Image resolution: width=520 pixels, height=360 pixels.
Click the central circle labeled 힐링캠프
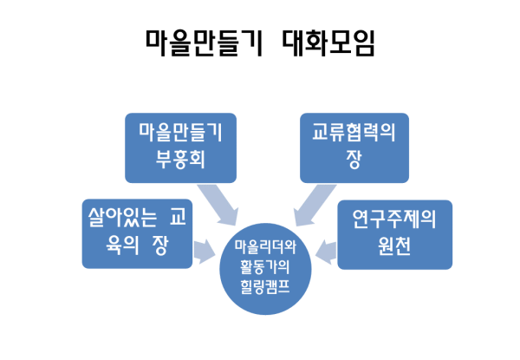pyautogui.click(x=262, y=269)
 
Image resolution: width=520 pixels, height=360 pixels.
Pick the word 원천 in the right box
pyautogui.click(x=394, y=247)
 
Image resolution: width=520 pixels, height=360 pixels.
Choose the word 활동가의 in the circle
pyautogui.click(x=262, y=270)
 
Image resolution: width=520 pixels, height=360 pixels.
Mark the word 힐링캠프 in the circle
pyautogui.click(x=262, y=290)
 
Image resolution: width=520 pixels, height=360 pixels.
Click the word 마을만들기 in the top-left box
pyautogui.click(x=179, y=133)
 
